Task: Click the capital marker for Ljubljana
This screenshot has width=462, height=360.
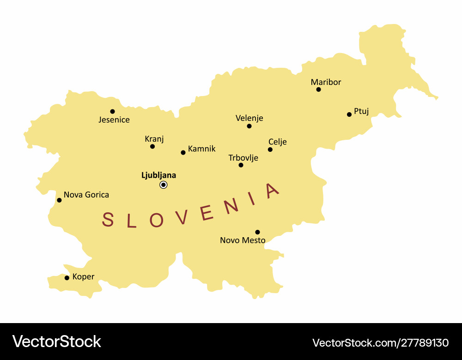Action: pos(164,185)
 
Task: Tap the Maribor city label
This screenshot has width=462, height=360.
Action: pos(326,82)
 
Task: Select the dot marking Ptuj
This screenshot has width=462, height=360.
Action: pos(349,114)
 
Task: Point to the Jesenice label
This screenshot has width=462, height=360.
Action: pos(114,120)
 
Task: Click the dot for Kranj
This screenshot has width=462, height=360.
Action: pos(152,146)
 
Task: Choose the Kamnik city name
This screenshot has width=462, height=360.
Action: pos(201,149)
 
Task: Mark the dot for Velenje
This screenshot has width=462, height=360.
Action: pos(249,126)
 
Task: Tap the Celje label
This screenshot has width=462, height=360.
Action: pos(277,142)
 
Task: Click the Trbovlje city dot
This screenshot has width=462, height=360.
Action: pos(241,165)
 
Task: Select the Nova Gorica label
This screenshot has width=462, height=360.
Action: pos(86,195)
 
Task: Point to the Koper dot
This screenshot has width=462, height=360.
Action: pos(67,278)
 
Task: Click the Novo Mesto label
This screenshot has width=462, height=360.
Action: pos(243,240)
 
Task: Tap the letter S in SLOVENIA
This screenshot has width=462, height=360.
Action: pos(108,220)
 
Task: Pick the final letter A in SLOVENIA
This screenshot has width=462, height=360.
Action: pos(273,190)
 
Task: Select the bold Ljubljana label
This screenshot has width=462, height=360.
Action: pos(158,175)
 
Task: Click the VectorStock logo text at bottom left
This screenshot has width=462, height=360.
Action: pos(56,342)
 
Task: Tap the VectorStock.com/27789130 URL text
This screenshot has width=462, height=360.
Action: pos(380,343)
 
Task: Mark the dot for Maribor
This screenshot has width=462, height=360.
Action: pos(318,90)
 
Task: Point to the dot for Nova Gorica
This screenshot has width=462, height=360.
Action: pos(59,200)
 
